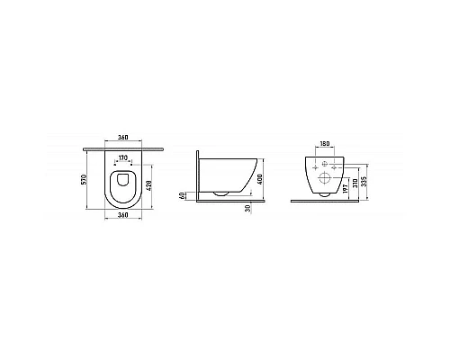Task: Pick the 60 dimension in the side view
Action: point(183,194)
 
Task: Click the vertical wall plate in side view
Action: point(198,175)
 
